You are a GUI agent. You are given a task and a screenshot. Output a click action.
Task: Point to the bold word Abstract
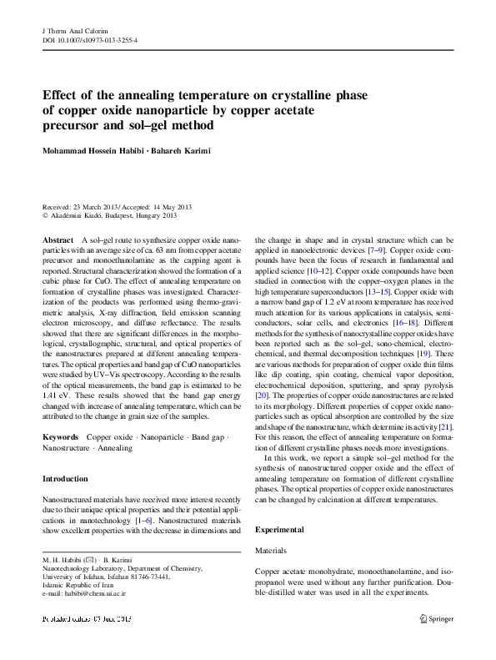click(x=58, y=239)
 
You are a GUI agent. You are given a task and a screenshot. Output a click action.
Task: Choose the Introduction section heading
click(x=65, y=479)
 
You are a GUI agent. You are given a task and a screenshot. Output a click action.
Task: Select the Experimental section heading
click(x=281, y=530)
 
